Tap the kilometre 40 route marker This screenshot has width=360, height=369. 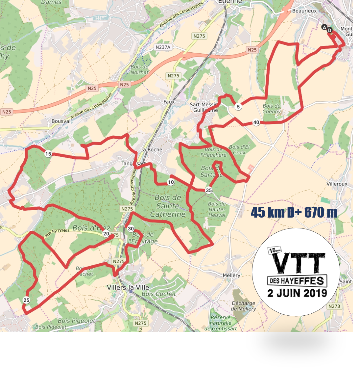coord(256,122)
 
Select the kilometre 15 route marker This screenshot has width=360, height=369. coord(48,154)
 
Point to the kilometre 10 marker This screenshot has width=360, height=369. coord(171,182)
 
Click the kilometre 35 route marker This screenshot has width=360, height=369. coord(209,190)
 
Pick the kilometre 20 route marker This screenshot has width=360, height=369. coord(106,234)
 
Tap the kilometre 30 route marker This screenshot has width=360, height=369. coord(131,229)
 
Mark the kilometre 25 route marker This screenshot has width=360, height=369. coord(26,300)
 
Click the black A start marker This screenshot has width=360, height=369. coord(324,27)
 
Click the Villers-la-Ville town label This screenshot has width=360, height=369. coord(128,287)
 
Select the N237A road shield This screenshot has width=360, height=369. coord(163,47)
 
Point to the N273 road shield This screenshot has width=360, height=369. coord(334,306)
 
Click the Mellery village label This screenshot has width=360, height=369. coord(231,275)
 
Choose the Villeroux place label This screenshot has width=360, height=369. coord(337,184)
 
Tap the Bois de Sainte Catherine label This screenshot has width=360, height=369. coord(168,206)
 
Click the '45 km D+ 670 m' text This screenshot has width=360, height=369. coord(294,213)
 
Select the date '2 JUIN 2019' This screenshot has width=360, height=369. coord(297,293)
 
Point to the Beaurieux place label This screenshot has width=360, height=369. coord(304,11)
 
